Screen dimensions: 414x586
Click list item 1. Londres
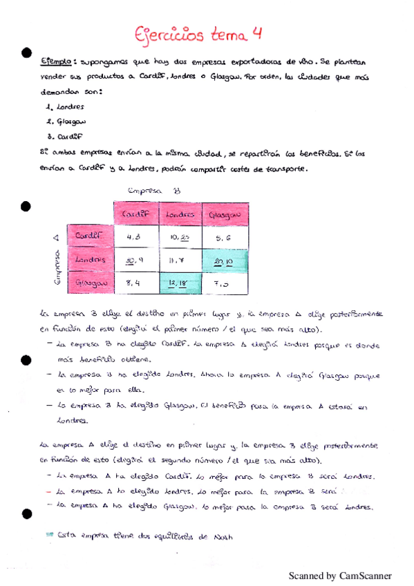coord(63,107)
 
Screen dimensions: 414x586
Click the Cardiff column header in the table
coord(136,215)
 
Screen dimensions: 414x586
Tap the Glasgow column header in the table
coord(224,215)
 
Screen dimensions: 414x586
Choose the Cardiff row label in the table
coord(91,236)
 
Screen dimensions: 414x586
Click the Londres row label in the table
coord(91,259)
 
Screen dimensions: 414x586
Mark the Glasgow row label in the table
coord(91,283)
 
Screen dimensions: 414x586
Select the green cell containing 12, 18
coord(180,283)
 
